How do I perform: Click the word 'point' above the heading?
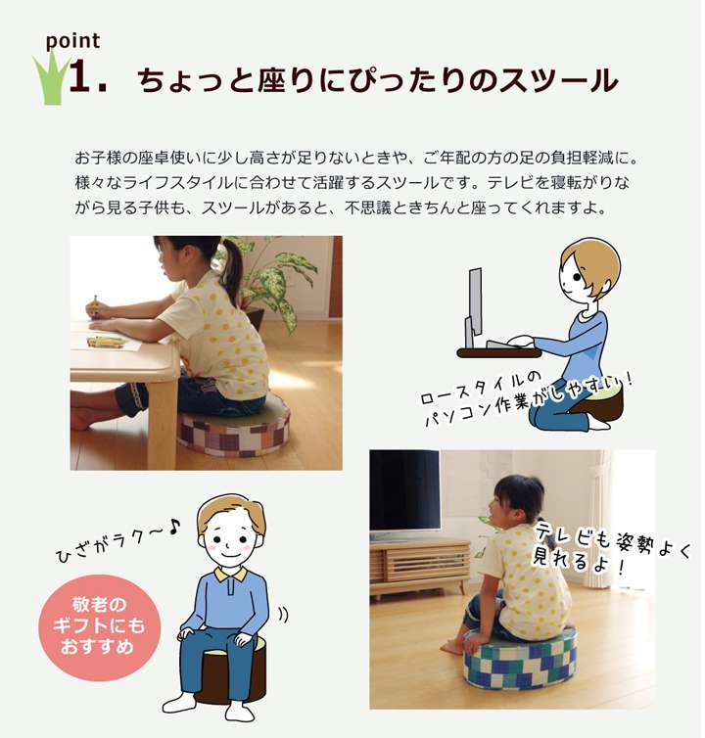(72, 41)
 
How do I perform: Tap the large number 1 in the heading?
(81, 76)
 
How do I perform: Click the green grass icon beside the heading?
(50, 78)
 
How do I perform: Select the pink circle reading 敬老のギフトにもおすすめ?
(99, 627)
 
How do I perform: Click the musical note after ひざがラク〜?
(173, 527)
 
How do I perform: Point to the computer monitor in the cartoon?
(474, 305)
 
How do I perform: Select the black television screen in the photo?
(404, 490)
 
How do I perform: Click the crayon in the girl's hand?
(95, 301)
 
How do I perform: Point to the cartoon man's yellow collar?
(230, 575)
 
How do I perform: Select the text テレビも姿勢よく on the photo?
(613, 540)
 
